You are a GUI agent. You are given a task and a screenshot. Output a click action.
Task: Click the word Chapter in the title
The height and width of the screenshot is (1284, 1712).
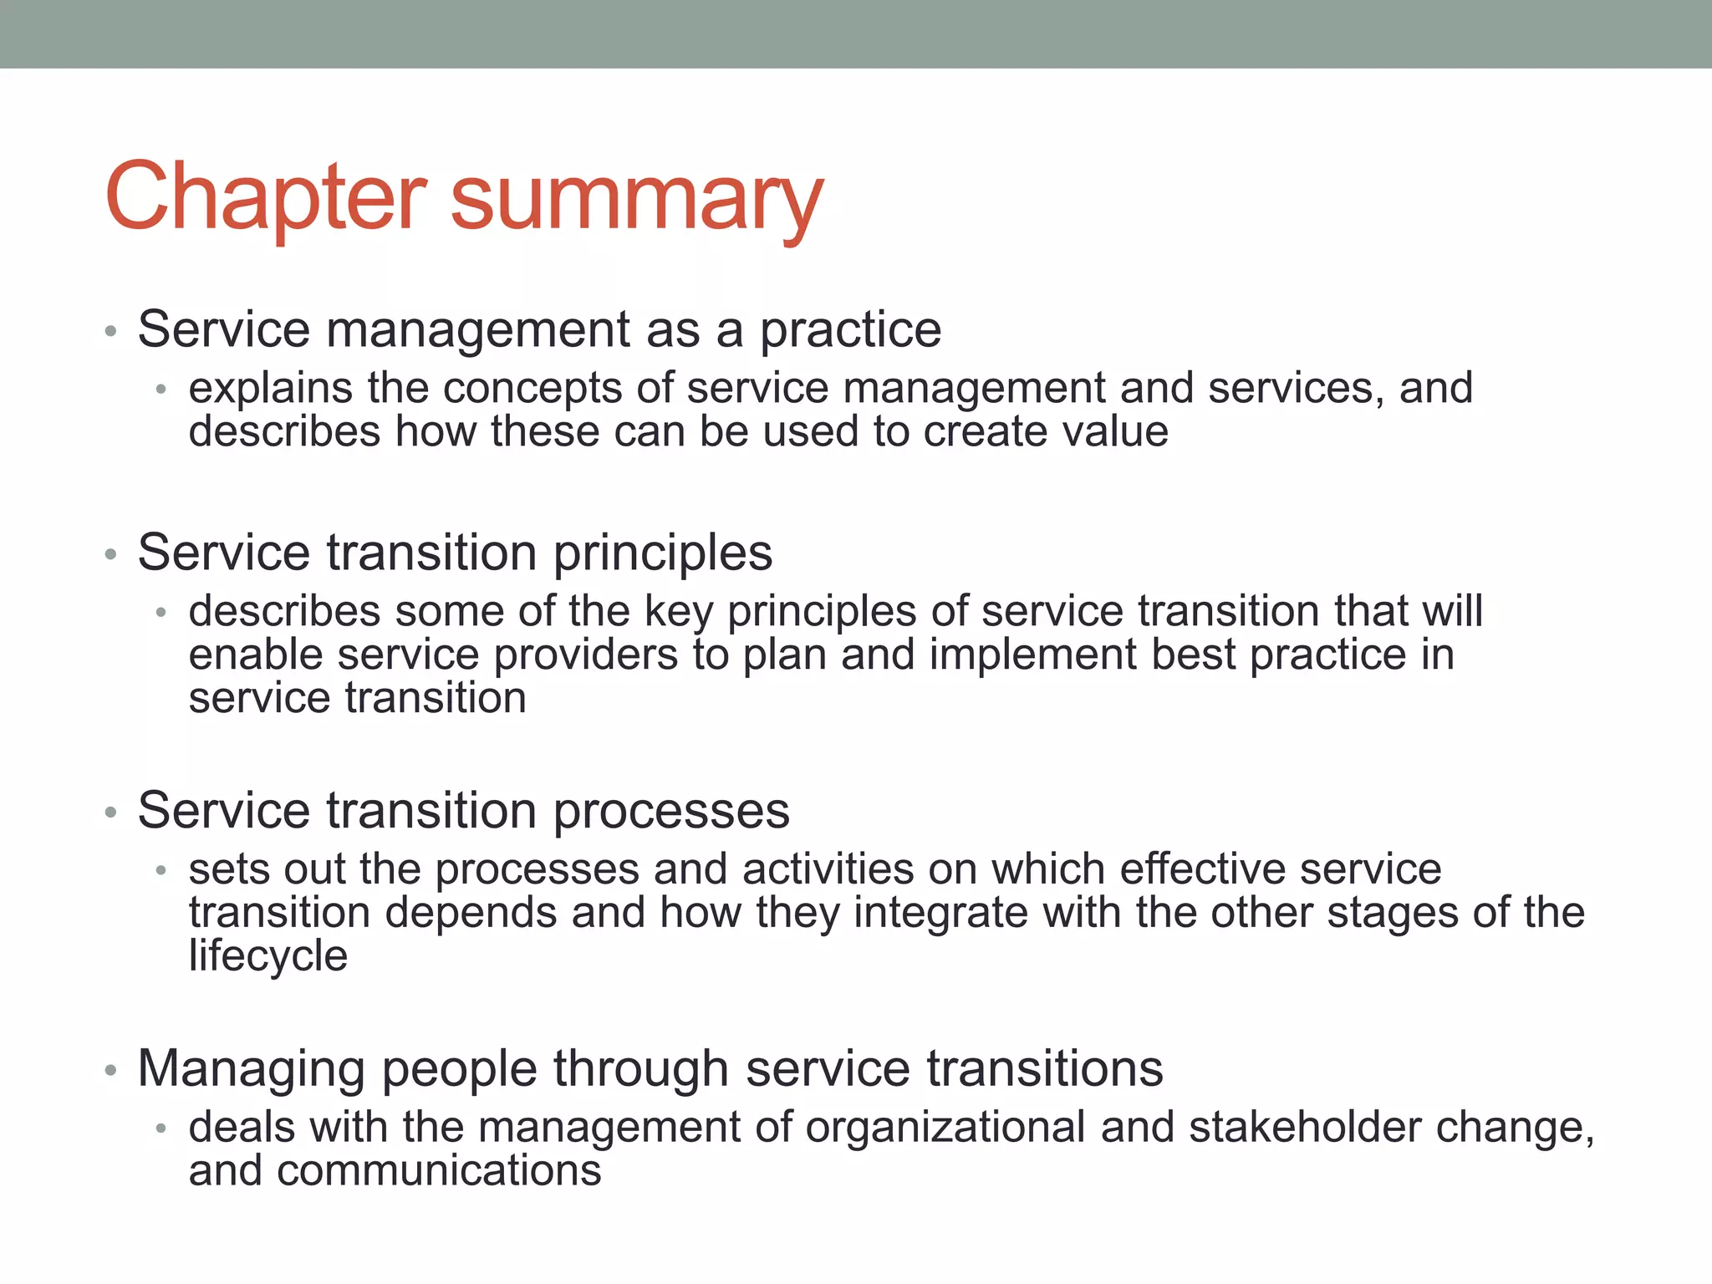pyautogui.click(x=266, y=197)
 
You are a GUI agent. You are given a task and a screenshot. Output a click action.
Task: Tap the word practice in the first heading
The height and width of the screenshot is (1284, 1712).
pyautogui.click(x=850, y=331)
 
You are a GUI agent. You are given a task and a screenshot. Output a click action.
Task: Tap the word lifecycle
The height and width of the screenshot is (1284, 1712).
pyautogui.click(x=267, y=955)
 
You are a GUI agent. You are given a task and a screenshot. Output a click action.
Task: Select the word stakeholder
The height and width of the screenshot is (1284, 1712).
pyautogui.click(x=1304, y=1128)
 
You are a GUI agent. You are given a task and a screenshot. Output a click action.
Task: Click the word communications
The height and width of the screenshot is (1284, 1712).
pyautogui.click(x=439, y=1171)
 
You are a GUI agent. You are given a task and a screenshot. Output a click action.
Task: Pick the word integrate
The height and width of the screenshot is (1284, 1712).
pyautogui.click(x=940, y=914)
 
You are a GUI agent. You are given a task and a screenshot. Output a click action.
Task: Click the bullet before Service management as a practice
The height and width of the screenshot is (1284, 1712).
pyautogui.click(x=110, y=332)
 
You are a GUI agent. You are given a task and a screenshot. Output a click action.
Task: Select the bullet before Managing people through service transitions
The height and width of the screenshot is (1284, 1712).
pyautogui.click(x=110, y=1071)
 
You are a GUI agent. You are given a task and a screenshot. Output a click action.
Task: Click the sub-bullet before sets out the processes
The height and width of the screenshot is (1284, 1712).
pyautogui.click(x=161, y=871)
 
